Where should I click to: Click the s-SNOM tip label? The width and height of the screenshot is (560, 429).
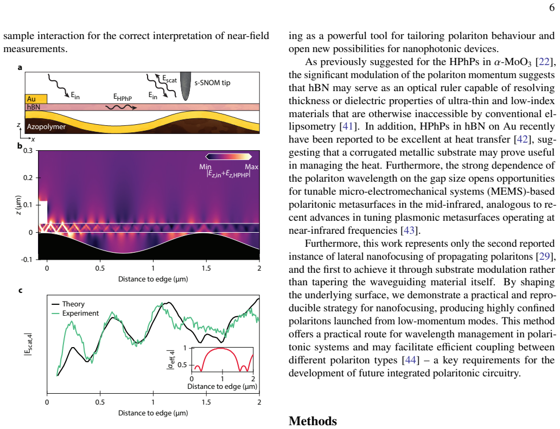(212, 83)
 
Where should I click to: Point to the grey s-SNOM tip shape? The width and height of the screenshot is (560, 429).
(186, 86)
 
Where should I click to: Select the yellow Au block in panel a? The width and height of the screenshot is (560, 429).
(36, 99)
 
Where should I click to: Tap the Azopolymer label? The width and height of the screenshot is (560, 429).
(46, 127)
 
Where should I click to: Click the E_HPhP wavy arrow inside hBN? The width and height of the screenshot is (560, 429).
(121, 107)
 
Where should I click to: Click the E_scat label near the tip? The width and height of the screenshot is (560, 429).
(169, 79)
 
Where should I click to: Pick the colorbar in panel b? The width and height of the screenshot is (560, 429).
(228, 156)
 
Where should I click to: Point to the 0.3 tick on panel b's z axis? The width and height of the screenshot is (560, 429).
(28, 151)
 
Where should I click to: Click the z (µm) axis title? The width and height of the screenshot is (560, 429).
(18, 205)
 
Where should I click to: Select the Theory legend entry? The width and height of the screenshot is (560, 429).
(68, 304)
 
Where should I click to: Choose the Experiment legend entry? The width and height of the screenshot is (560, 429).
(75, 313)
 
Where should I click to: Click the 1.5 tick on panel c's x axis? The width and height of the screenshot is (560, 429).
(206, 402)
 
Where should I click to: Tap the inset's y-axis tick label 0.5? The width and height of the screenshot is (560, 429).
(182, 365)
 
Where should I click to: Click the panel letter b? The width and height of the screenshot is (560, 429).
(20, 146)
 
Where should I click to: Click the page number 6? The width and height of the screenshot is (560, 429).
(552, 8)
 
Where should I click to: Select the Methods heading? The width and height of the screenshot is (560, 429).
(313, 421)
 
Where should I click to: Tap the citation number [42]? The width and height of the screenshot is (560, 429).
(522, 139)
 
